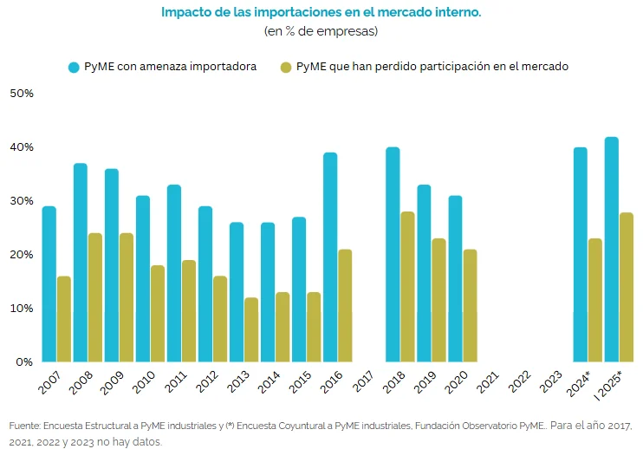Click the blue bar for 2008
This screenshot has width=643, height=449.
pos(81,263)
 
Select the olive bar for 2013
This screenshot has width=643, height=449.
pos(251,329)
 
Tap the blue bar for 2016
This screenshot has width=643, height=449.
pos(330,257)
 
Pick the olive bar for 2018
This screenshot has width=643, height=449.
pos(407,287)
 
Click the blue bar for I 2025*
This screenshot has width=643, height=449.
pos(612,250)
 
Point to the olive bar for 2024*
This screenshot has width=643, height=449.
pos(594,300)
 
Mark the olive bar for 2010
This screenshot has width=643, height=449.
pos(158,314)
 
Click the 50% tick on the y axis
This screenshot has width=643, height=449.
pos(21,93)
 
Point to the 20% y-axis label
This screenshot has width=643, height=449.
pos(21,254)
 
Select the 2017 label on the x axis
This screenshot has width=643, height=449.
pos(365,382)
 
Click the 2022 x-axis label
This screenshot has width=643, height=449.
pos(521,382)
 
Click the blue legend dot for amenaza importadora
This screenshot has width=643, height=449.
pos(74,67)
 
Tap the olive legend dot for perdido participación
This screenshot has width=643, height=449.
pos(286,67)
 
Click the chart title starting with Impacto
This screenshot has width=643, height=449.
pos(321,13)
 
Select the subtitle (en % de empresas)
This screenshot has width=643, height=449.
pos(321,31)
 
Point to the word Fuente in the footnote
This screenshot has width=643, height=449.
pos(24,426)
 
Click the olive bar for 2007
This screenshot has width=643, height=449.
pos(64,319)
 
